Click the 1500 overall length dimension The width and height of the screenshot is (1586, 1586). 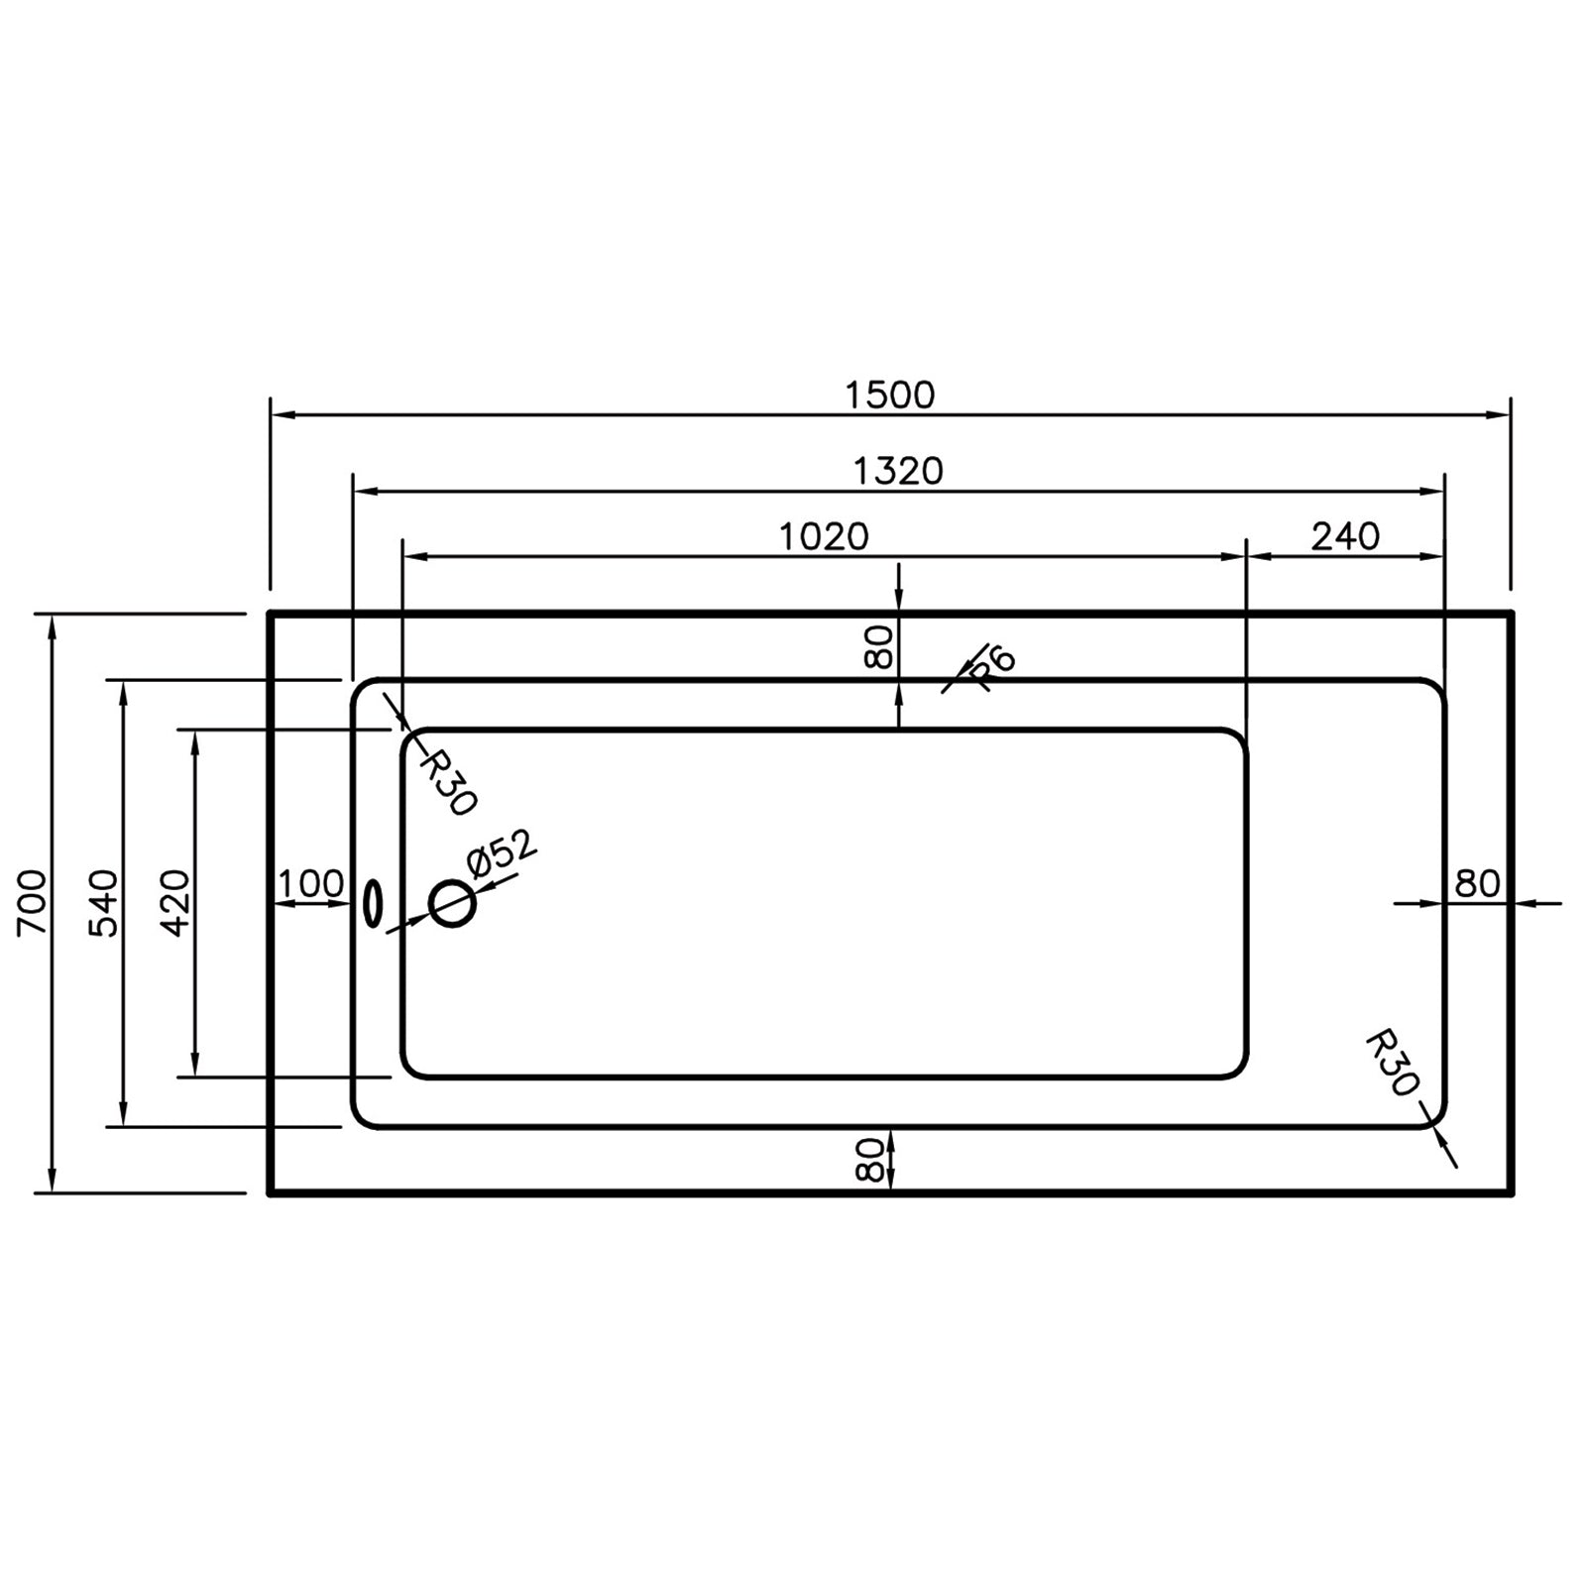[889, 395]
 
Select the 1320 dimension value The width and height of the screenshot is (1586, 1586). [898, 471]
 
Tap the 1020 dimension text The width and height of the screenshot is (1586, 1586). [823, 536]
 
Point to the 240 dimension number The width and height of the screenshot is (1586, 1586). [1345, 536]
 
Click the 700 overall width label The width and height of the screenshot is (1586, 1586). [32, 902]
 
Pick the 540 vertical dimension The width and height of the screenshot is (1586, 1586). [103, 902]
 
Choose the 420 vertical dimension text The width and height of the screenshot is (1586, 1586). [174, 902]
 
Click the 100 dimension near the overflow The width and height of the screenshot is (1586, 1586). [310, 883]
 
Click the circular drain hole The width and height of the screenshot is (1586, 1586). [452, 903]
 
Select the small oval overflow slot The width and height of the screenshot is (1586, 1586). [373, 903]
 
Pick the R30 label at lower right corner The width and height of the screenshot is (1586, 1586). [1392, 1063]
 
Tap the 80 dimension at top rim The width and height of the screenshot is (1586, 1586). [879, 646]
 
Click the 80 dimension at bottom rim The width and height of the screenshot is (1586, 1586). [868, 1158]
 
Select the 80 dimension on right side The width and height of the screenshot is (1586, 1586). [1477, 883]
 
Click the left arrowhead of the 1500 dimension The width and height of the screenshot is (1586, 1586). [278, 414]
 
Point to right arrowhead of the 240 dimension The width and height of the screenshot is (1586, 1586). [1436, 556]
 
